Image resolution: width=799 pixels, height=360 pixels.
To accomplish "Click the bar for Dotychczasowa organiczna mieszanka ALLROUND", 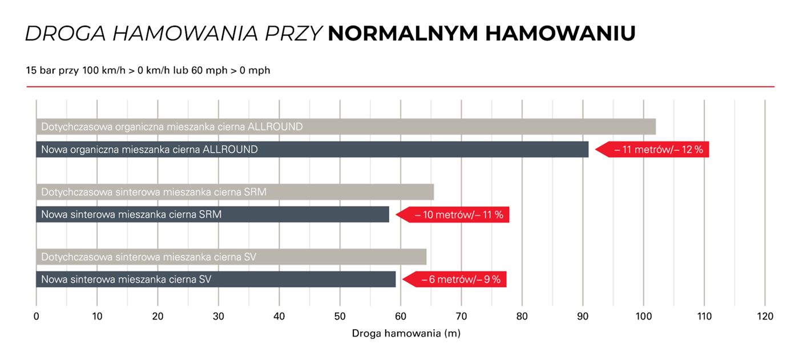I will [x=346, y=127].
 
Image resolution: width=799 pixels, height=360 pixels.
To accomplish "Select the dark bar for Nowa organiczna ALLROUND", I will [x=312, y=149].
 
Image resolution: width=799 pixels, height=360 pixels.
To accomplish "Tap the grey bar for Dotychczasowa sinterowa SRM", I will [x=235, y=192].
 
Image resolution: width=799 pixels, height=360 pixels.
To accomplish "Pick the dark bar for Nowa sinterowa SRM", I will [x=212, y=215].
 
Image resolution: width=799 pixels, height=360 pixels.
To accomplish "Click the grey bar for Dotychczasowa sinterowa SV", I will [x=231, y=257].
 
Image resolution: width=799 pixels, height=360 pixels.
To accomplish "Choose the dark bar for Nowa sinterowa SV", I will [x=216, y=280].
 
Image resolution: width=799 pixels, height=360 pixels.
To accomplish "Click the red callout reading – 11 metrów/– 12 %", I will [x=656, y=149].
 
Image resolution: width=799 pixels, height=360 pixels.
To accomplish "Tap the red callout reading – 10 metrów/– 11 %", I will [x=457, y=215].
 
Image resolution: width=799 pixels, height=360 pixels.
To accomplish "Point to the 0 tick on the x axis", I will [x=37, y=317].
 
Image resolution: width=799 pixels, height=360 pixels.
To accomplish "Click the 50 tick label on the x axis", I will [x=340, y=317].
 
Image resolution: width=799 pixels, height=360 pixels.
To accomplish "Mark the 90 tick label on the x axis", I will [x=583, y=317].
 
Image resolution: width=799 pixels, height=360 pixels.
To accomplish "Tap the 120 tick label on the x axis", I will [x=765, y=317].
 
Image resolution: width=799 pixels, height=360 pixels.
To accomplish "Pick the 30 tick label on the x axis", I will [x=219, y=317].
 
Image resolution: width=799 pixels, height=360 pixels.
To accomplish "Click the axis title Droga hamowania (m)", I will [x=406, y=333].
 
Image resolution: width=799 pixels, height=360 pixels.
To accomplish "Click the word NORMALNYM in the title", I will [x=403, y=34].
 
